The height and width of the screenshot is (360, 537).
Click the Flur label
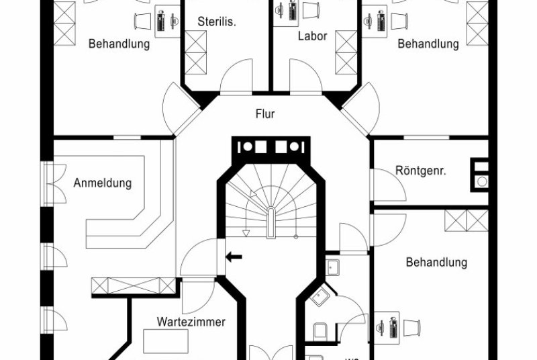265,114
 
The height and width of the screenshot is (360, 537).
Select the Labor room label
312,36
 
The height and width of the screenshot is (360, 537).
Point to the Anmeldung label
103,183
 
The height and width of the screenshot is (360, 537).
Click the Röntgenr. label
421,171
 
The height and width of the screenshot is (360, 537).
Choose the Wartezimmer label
191,322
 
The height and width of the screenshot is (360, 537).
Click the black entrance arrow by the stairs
234,256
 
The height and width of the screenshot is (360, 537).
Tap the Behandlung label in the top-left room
119,44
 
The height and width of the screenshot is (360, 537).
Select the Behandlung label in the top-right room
428,44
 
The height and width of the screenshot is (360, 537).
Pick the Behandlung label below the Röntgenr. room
436,262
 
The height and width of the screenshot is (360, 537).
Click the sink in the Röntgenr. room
481,181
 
